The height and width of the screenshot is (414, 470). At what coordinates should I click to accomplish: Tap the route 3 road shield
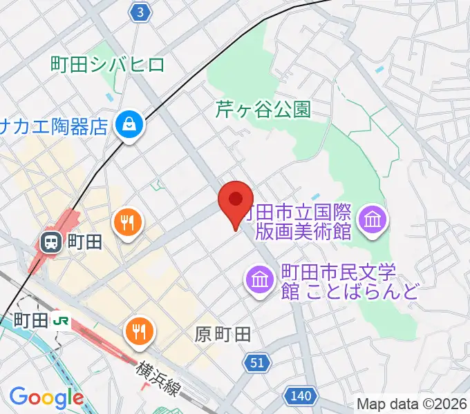tap(141, 12)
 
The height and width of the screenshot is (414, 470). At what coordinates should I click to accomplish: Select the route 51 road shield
tap(255, 362)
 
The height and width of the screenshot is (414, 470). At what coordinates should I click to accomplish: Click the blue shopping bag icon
tap(129, 124)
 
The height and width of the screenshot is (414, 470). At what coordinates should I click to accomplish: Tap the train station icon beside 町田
tap(50, 241)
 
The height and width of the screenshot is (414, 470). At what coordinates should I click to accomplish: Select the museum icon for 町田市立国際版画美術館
tap(373, 220)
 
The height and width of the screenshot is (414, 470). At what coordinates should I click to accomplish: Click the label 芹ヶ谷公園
tap(263, 109)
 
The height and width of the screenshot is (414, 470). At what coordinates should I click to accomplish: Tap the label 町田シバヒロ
tap(108, 65)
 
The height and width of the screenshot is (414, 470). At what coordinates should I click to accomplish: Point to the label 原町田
tap(222, 335)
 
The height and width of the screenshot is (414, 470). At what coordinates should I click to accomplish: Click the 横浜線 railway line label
tap(159, 377)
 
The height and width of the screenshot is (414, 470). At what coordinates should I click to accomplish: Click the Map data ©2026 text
tap(412, 404)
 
